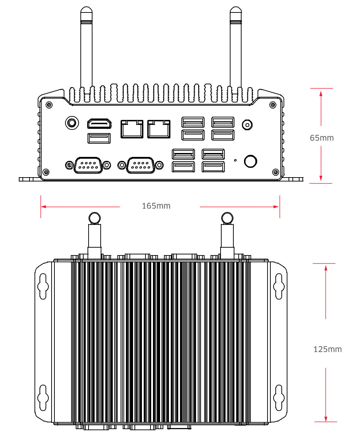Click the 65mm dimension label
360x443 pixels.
[322, 138]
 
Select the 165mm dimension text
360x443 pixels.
[156, 206]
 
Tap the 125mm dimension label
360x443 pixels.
[327, 349]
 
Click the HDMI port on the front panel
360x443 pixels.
[99, 123]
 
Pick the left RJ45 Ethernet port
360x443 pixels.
[132, 129]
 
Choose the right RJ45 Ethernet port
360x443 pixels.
[159, 129]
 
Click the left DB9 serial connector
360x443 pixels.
[88, 165]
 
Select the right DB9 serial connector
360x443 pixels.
[141, 165]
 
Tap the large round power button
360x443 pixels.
[250, 161]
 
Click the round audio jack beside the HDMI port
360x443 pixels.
[72, 123]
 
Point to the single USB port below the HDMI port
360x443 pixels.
[99, 138]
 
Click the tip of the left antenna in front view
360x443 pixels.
[86, 11]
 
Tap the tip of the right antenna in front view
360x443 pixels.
[235, 11]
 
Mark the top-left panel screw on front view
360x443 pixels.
[49, 105]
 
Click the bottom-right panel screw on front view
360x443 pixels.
[275, 172]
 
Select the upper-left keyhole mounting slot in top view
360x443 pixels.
[43, 286]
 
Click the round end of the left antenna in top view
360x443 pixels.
[94, 218]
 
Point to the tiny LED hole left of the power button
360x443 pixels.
[235, 160]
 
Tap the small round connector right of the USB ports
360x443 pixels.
[247, 125]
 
